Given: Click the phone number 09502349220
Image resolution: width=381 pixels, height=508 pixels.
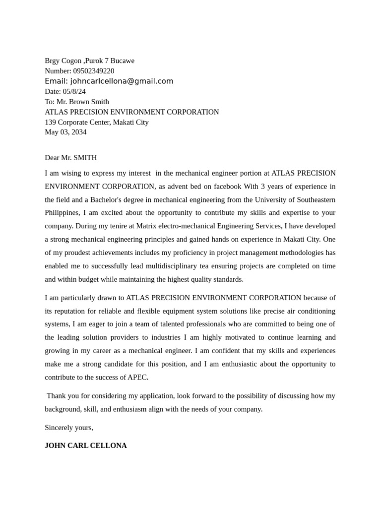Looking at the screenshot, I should tap(93, 71).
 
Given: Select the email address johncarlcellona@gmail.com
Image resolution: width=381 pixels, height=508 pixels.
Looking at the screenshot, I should tap(122, 81).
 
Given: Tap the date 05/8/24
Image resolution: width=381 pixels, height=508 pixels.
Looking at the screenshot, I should tap(74, 91).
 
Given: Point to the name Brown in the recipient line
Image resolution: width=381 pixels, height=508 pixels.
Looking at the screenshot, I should tap(80, 102).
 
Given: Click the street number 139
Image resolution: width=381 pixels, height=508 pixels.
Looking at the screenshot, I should tap(51, 122).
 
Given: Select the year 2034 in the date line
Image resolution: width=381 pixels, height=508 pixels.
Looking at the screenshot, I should tap(78, 132).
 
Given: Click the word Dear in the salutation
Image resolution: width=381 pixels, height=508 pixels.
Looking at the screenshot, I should tap(52, 158).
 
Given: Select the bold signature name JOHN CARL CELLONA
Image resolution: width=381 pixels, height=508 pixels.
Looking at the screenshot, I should tap(85, 445).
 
